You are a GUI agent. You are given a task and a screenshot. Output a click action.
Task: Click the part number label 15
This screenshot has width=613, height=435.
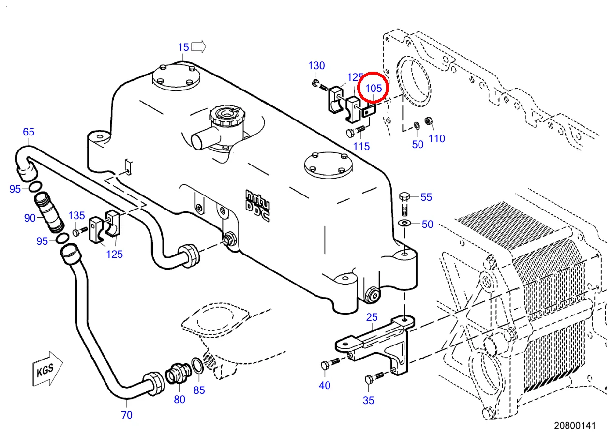coord(183,47)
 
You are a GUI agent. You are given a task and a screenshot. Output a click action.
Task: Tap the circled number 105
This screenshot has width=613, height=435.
coord(374,88)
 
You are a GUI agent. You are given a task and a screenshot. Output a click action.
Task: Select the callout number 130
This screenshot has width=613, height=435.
coord(316,66)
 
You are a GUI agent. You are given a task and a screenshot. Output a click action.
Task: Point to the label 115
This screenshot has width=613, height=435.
coord(361,147)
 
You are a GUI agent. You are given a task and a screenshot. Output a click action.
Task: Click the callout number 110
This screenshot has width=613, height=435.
coord(436,139)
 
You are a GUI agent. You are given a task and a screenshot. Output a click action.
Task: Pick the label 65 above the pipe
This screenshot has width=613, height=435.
coord(29,132)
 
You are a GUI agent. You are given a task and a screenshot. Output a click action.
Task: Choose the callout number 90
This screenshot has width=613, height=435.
coord(30,218)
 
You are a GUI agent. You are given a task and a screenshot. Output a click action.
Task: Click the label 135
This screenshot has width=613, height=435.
coord(76,216)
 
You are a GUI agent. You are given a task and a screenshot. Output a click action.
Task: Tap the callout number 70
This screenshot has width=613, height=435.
coord(127,415)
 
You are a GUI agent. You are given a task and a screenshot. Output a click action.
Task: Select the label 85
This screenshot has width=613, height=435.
coord(199,390)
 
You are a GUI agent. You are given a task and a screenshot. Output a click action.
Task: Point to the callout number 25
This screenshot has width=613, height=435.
coord(372,317)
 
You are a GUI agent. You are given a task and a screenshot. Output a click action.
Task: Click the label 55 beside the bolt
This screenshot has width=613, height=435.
coord(426,197)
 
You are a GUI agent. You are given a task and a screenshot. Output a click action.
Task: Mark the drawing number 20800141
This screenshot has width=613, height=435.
coord(575,426)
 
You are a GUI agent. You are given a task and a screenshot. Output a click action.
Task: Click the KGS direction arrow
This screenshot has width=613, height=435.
coord(47,369)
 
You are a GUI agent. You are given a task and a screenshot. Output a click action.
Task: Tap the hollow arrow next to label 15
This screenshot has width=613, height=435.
coord(198,47)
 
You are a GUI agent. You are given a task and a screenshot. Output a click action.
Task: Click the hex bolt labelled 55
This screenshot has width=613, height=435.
coord(404,204)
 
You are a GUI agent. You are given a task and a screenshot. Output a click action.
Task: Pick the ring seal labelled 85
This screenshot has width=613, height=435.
coord(197,365)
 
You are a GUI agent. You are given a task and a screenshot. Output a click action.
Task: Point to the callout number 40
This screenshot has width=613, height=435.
coord(325,386)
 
